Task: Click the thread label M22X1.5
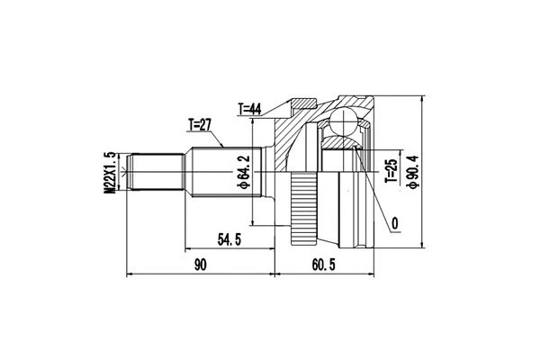pyautogui.click(x=110, y=172)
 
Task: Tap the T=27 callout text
pyautogui.click(x=202, y=124)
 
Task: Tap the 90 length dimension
pyautogui.click(x=200, y=265)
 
